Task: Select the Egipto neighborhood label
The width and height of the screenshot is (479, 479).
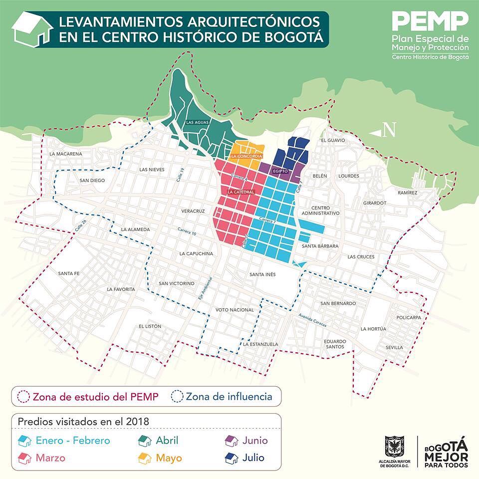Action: click(281, 171)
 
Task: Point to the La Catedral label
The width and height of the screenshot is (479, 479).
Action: click(241, 192)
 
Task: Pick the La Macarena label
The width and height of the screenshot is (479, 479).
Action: click(65, 154)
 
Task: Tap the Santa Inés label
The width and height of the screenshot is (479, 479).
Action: click(262, 274)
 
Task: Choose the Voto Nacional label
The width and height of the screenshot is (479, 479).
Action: click(235, 310)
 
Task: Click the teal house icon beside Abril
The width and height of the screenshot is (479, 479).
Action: click(145, 441)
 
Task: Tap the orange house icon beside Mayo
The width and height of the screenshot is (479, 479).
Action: click(145, 458)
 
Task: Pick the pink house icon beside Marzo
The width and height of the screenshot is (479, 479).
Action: click(25, 458)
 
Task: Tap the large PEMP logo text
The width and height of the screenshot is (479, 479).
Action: click(430, 21)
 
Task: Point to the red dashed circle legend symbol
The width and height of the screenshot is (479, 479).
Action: click(23, 397)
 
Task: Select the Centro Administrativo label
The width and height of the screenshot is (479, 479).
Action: click(325, 210)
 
